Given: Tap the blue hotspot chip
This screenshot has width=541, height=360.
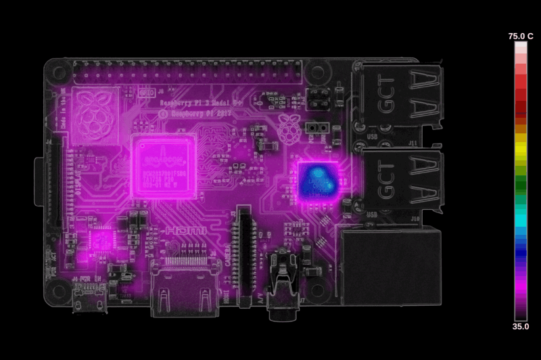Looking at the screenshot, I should point(318,180).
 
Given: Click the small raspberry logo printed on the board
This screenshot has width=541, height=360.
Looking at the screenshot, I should point(289,128).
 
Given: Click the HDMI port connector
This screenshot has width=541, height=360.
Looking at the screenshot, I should point(184,291).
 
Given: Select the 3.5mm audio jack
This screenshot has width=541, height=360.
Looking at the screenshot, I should point(282,284).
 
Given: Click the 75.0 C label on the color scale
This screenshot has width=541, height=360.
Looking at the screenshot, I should point(521,36).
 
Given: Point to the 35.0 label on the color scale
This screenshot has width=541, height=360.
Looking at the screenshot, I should point(521,325).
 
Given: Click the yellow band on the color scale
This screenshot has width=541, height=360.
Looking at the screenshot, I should point(521,143).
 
